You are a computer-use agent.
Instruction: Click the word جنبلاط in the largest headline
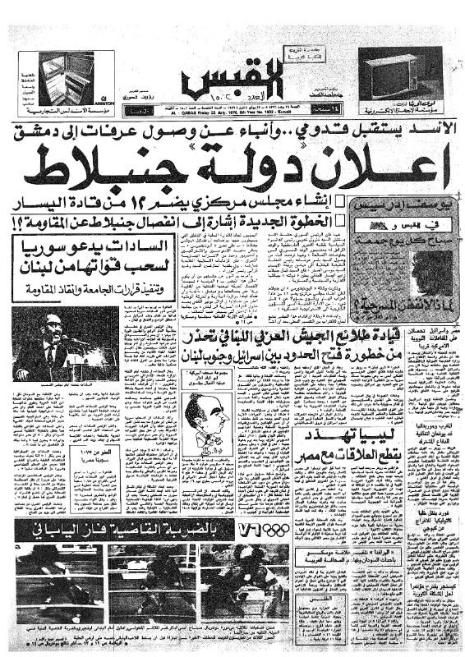111,168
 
